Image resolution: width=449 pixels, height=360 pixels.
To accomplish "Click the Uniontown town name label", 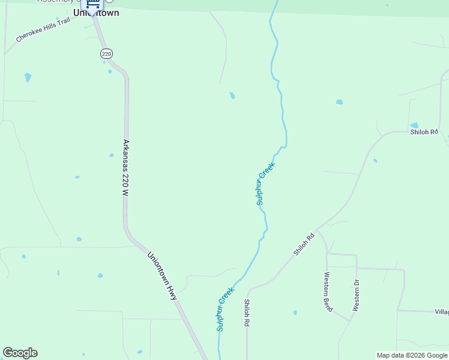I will pos(96,13).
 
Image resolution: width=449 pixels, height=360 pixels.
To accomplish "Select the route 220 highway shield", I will pos(106,54).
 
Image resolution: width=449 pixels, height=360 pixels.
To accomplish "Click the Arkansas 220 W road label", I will pos(125,169).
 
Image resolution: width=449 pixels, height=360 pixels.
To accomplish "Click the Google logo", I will pos(20,353).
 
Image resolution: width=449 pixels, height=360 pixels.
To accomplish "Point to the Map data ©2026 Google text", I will pos(412,355).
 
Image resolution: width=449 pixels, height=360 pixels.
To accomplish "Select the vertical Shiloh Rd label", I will pos(246,313).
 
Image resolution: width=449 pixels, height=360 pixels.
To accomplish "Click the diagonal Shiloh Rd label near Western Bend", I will pos(304,245).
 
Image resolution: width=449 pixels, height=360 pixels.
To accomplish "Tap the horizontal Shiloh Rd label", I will pos(424,132).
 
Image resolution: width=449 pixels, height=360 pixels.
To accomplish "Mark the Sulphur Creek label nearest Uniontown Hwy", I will pos(225,310).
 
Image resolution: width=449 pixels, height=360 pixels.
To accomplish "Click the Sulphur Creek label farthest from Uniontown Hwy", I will pos(265,184).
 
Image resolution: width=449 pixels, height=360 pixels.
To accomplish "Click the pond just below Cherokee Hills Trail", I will pos(28,77).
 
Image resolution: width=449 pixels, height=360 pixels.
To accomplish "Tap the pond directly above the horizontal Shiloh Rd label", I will pos(414,125).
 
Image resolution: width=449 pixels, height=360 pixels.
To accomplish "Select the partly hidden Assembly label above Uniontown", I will pos(57,1).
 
